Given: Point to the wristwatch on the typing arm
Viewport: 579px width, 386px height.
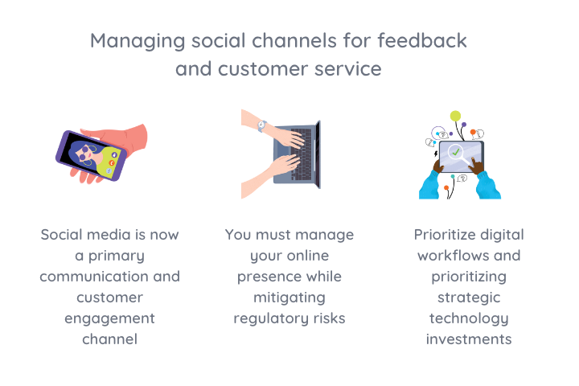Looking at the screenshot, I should point(261,126).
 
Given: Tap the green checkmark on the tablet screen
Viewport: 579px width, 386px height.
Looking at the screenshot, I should point(456,151).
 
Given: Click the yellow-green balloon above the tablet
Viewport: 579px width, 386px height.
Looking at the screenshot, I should point(456,116).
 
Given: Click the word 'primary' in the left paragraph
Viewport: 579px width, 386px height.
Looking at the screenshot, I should point(118,256).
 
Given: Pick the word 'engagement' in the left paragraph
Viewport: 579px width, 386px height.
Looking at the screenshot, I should point(109,318).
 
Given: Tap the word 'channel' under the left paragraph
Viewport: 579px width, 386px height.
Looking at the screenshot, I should point(109,339).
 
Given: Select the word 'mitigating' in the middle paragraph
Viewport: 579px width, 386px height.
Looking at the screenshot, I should point(289,298).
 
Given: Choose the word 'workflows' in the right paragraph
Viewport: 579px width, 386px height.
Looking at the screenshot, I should point(450,256).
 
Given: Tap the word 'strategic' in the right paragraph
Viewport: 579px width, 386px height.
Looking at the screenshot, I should point(468,298).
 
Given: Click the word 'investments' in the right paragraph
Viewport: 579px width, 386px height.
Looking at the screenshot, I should point(468,339).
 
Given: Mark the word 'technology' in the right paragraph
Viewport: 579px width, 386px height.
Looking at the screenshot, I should point(468,318).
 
